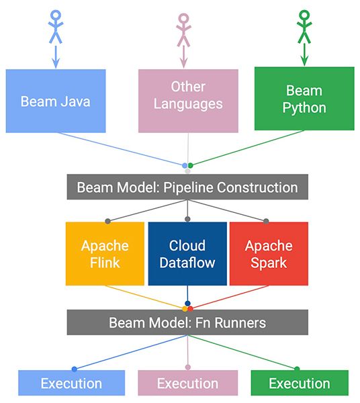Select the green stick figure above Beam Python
point(305,27)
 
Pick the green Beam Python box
point(304,98)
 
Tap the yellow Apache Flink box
point(105,253)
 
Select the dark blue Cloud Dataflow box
point(187,253)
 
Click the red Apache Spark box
point(269,253)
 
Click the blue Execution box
point(71,384)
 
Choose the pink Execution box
point(187,384)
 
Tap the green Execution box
point(299,384)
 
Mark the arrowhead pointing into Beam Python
point(305,61)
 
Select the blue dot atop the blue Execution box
point(74,368)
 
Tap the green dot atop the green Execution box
point(296,368)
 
